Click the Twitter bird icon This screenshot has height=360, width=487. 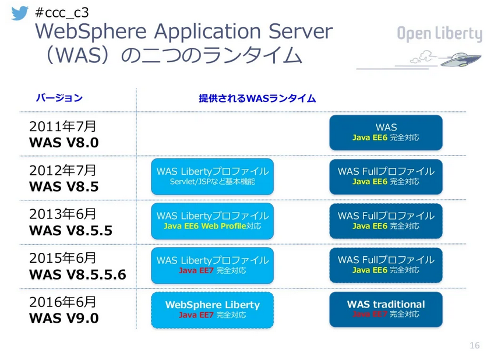coord(20,13)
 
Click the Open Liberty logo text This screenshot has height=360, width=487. coord(439,34)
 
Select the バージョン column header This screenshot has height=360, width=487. coord(59,98)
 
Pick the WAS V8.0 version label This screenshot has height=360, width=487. coord(63,142)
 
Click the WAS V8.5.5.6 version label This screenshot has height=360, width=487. coord(77,274)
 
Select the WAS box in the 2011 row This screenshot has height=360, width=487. coord(386,132)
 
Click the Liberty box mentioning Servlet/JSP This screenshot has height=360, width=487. coord(212,177)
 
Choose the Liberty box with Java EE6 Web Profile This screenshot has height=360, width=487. coord(212,221)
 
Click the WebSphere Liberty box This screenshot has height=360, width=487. coord(212,309)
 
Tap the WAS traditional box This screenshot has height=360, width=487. coord(386,309)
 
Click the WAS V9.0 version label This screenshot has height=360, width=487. coord(63,318)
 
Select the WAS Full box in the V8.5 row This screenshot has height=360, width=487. coord(386,177)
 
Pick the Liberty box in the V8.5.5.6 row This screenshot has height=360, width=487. coord(212,265)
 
